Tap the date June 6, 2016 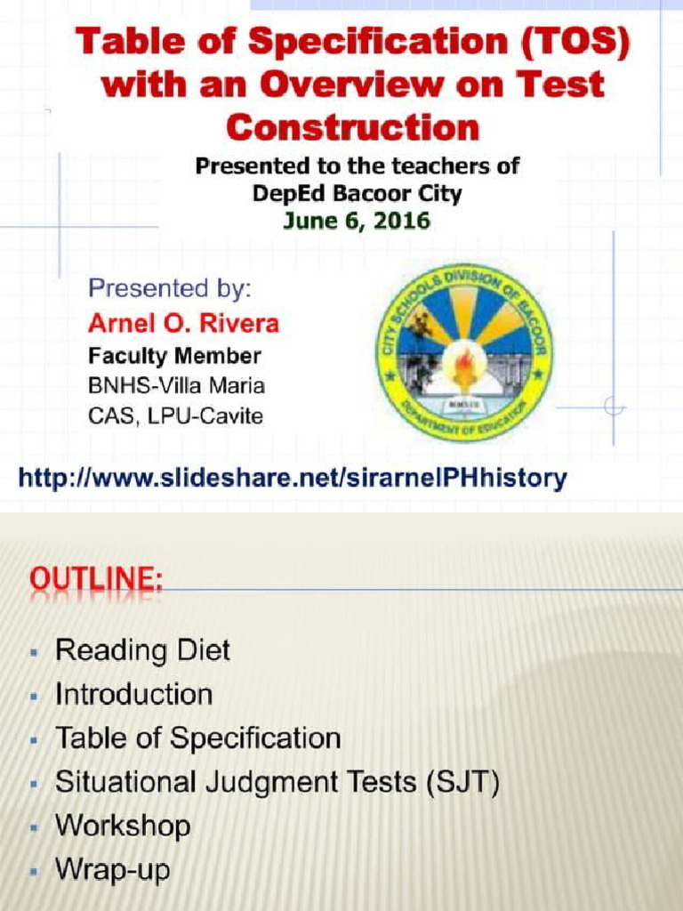[x=356, y=222]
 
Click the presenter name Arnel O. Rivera [x=182, y=323]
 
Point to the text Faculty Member [x=174, y=357]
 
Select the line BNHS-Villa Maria [x=176, y=386]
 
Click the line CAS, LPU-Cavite [x=175, y=415]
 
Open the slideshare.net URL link [x=293, y=479]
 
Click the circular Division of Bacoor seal [x=462, y=352]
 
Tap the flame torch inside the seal [x=463, y=365]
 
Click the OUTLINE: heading [x=96, y=581]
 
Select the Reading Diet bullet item [x=142, y=650]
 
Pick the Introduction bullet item [x=133, y=694]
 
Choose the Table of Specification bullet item [x=197, y=738]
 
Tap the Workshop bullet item [x=123, y=826]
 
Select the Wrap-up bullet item [x=112, y=869]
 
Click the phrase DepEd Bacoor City [x=357, y=193]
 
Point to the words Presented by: [x=169, y=289]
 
